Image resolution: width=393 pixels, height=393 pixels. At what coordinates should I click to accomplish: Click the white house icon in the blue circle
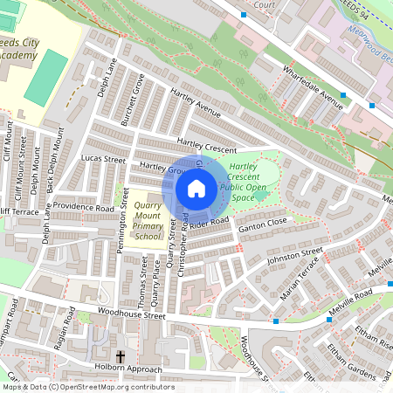click(196, 188)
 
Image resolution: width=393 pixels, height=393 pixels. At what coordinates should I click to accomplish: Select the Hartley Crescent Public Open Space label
click(244, 182)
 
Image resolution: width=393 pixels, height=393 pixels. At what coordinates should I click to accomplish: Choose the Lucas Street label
click(103, 160)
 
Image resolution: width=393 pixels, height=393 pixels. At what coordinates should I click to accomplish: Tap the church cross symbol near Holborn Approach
click(120, 357)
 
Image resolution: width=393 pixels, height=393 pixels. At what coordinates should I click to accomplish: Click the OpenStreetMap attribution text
click(87, 387)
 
